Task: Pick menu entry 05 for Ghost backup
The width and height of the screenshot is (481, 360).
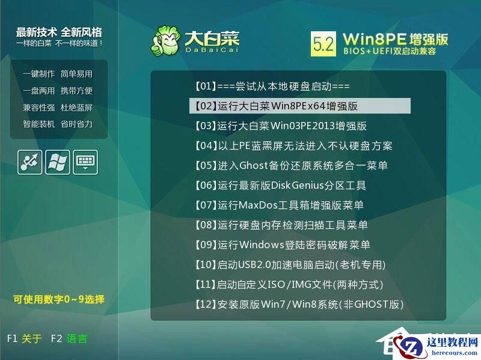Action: [291, 165]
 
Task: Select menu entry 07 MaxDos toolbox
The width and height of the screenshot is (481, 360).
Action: [279, 205]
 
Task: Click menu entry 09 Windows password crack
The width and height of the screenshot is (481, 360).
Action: [282, 245]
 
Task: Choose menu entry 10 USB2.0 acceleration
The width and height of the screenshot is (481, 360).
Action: [290, 264]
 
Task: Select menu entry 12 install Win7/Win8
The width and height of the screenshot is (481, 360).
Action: [298, 304]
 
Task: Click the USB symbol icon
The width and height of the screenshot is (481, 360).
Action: [30, 162]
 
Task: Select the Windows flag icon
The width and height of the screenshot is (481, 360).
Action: [58, 162]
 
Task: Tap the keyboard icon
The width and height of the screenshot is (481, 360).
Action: [85, 162]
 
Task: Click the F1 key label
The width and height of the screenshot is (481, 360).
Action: [13, 338]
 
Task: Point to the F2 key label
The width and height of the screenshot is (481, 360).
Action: [57, 338]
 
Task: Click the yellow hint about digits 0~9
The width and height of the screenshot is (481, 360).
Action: [59, 299]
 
